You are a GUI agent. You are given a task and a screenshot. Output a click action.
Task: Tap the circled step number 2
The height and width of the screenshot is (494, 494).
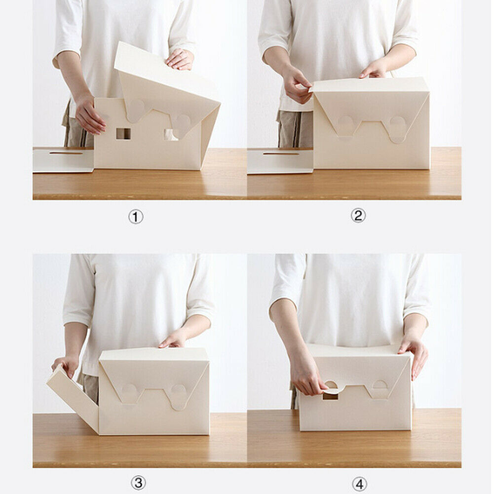click(358, 216)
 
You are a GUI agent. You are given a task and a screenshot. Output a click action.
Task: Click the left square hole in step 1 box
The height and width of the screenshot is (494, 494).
click(123, 133)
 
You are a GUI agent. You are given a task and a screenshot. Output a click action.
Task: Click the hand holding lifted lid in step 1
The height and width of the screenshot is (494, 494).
click(180, 60)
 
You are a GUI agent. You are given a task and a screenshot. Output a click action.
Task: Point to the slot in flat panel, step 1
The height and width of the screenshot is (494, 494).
click(66, 153)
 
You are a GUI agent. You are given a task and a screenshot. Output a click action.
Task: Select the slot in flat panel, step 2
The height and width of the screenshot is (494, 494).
click(280, 153)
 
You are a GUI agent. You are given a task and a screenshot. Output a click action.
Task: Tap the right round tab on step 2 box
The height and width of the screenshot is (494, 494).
click(398, 128)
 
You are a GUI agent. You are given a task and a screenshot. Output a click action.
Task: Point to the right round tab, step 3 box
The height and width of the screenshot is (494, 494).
click(178, 395)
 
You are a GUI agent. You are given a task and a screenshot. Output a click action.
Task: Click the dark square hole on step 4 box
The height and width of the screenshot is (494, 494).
click(330, 396)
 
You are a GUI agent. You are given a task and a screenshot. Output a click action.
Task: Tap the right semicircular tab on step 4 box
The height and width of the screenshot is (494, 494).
click(380, 385)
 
